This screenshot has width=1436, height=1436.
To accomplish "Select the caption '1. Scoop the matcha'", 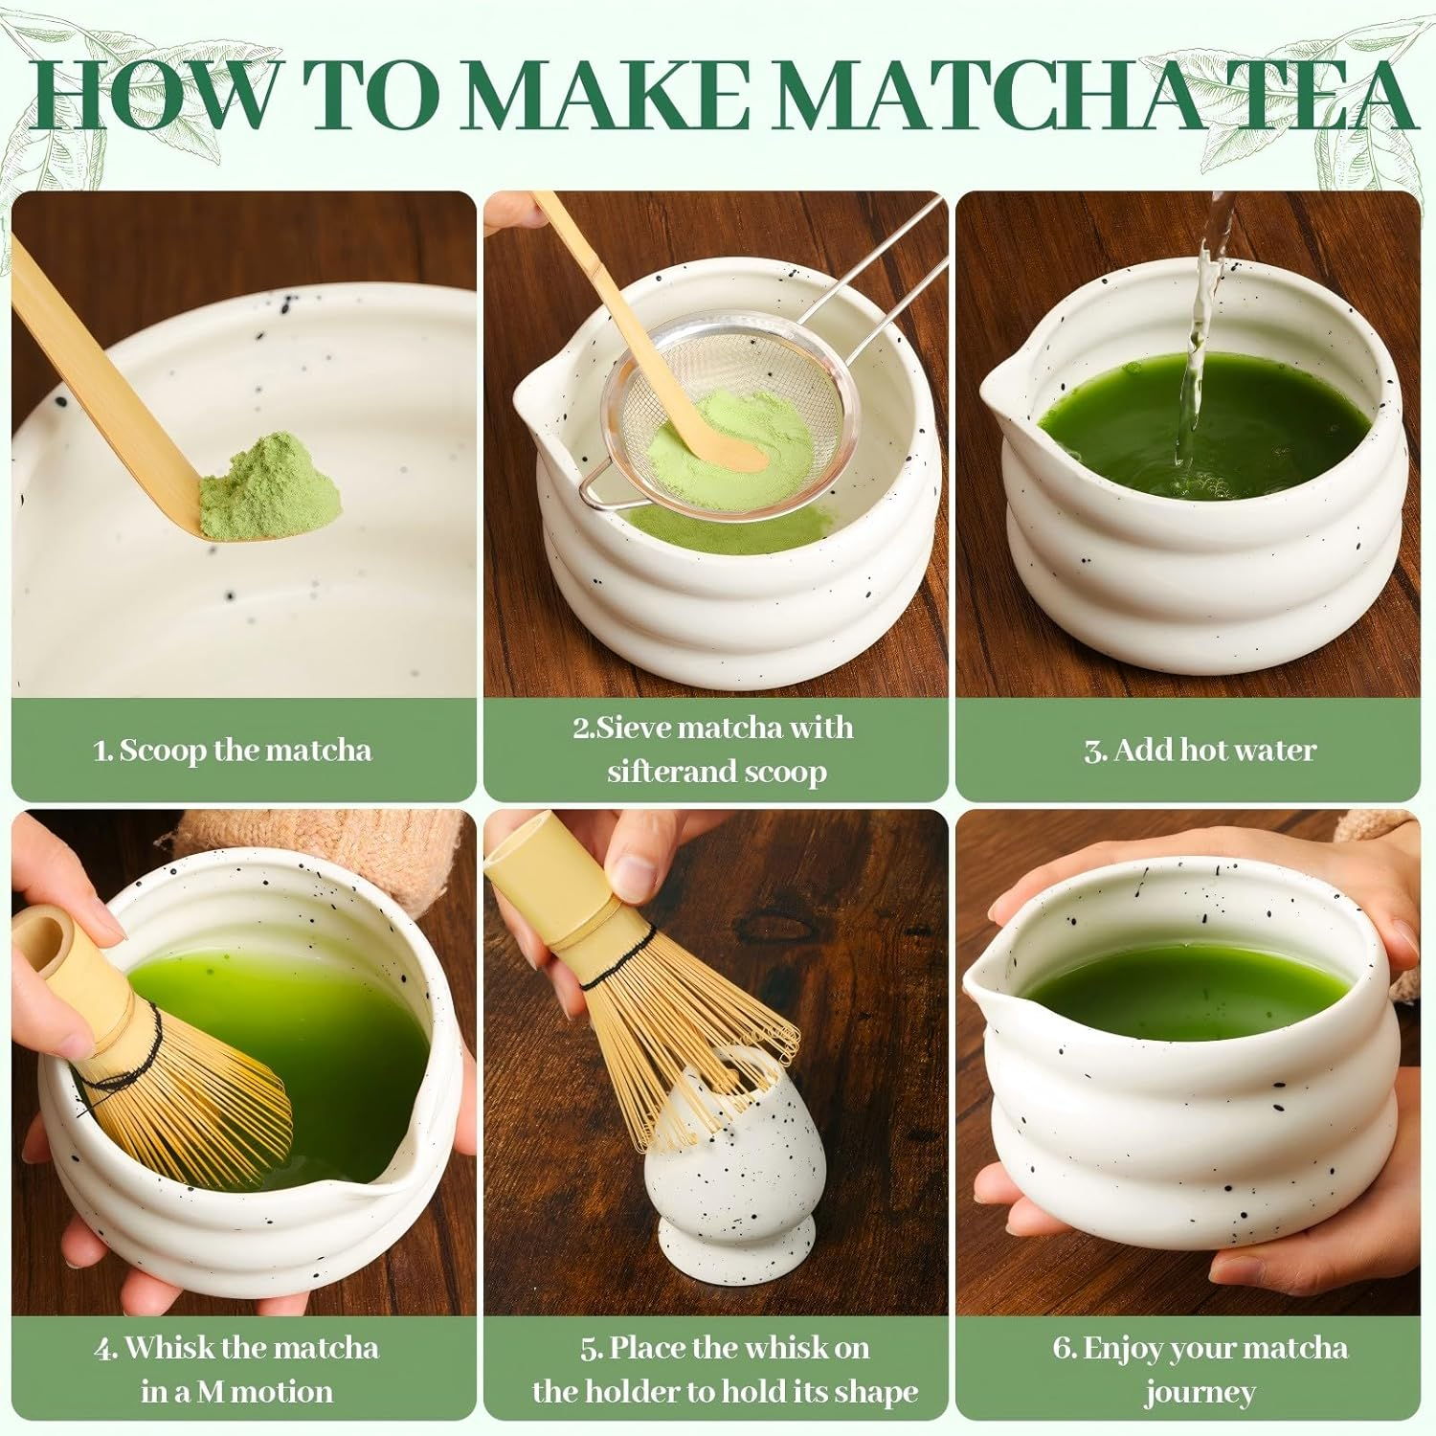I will click(233, 750).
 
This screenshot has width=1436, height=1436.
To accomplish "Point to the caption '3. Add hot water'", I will click(1200, 750).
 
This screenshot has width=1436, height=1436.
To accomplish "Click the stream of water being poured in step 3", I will click(1201, 325).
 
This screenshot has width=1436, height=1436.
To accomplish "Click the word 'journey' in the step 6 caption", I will click(1200, 1392).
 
